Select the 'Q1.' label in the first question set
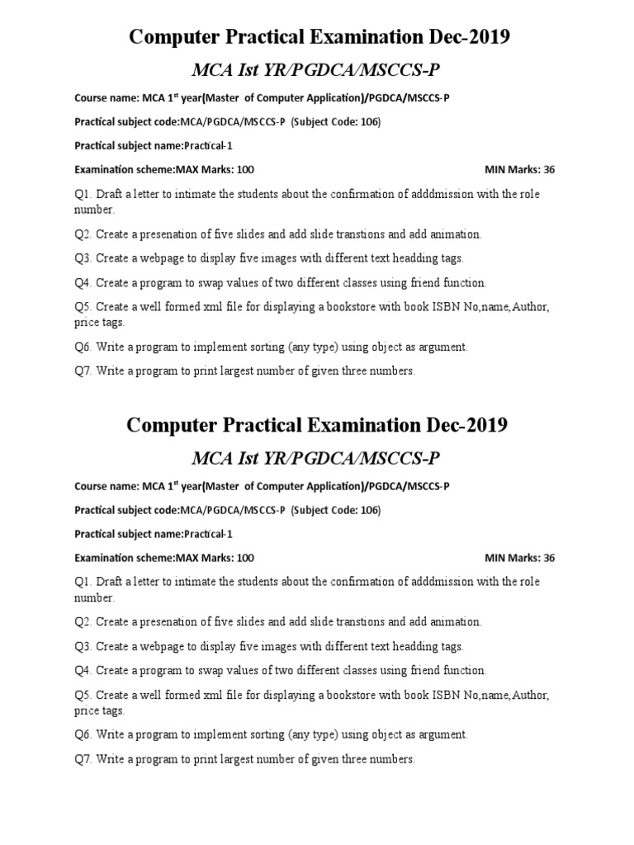click(x=83, y=193)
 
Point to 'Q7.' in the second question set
click(x=83, y=759)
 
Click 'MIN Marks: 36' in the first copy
click(x=519, y=169)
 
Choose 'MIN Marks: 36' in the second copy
click(x=519, y=558)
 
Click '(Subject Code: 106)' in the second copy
click(x=336, y=510)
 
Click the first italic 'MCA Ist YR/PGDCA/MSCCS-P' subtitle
click(x=317, y=69)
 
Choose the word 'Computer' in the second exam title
click(x=176, y=425)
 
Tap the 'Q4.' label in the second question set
click(x=83, y=671)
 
